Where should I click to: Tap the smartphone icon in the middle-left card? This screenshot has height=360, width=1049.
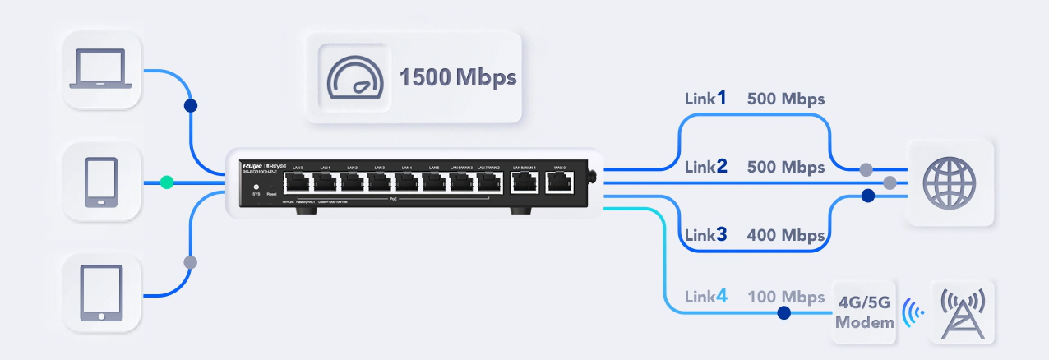click(101, 182)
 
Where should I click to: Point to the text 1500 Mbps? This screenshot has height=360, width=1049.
click(457, 78)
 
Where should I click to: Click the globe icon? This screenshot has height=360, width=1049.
click(949, 181)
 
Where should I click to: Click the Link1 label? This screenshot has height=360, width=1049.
click(705, 99)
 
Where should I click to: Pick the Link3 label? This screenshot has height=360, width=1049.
click(705, 234)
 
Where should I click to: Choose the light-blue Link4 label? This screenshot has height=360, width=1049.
click(705, 297)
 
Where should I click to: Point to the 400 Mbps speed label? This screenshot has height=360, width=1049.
click(785, 235)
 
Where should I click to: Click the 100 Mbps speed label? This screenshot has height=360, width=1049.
click(785, 297)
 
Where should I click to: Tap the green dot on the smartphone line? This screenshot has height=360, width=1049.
click(167, 182)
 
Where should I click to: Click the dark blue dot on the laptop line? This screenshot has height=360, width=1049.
click(191, 106)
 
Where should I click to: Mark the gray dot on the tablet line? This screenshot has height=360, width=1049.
click(191, 262)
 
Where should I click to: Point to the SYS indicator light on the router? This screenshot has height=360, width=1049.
click(256, 187)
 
